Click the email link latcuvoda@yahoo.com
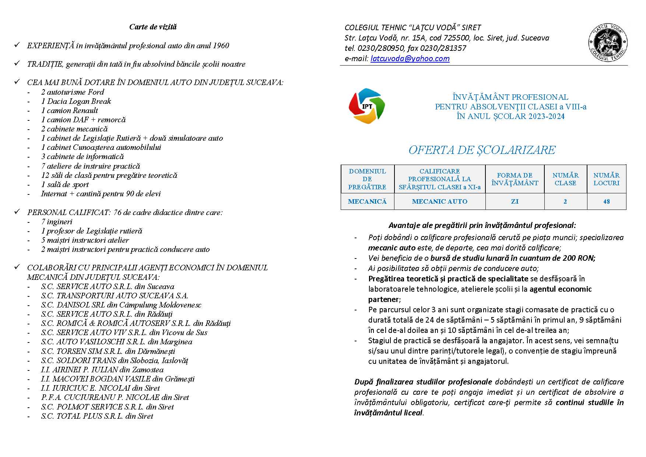(410, 59)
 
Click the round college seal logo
(608, 43)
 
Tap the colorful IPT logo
(367, 106)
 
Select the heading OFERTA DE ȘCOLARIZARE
(482, 150)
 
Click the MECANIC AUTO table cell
(439, 201)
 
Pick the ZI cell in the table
(515, 201)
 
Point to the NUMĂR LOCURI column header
(606, 179)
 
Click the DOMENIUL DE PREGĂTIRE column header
(367, 179)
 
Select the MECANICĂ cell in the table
(367, 201)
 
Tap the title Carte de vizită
(153, 27)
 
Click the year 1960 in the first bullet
(221, 46)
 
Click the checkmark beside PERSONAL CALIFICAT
(17, 212)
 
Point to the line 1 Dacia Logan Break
(76, 101)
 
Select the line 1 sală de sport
(65, 184)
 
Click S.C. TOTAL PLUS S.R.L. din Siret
(97, 416)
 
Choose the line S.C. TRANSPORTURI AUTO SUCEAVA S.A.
(115, 296)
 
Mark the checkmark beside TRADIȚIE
(17, 63)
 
